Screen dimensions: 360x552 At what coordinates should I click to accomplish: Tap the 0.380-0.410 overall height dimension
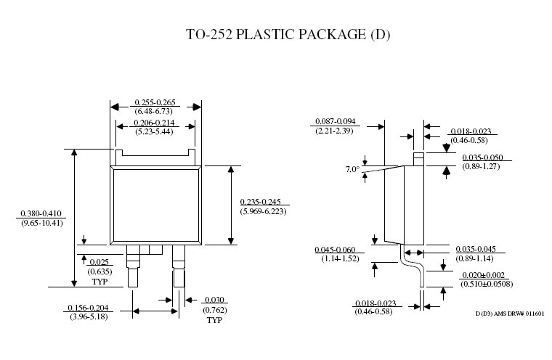click(x=42, y=213)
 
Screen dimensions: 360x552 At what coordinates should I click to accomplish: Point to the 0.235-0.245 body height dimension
click(x=265, y=202)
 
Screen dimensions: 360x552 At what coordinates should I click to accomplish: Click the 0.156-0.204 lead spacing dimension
click(x=91, y=308)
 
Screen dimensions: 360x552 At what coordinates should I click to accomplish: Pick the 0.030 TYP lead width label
click(x=214, y=300)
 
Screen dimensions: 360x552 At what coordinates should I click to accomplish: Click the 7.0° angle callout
click(x=353, y=170)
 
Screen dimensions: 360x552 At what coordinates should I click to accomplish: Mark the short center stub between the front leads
click(x=153, y=250)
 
